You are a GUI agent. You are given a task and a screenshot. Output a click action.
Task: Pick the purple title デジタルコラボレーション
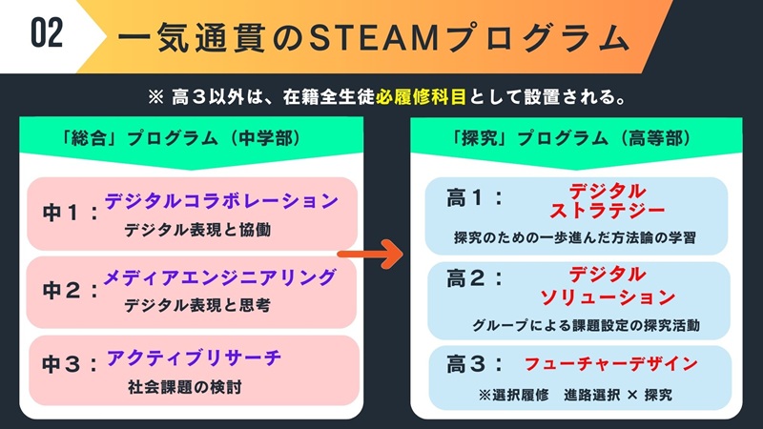(x=221, y=201)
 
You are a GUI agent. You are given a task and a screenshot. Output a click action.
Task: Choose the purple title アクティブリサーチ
(x=194, y=358)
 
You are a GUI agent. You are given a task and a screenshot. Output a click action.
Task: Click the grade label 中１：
(x=70, y=212)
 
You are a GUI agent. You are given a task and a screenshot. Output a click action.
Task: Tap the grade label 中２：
(x=70, y=288)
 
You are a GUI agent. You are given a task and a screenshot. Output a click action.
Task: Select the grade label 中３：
(x=70, y=365)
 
